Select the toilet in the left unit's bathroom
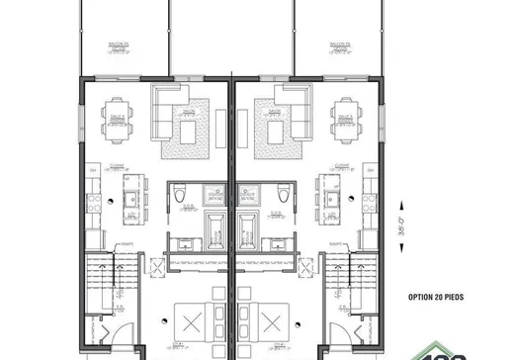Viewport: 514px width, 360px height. coord(179,197)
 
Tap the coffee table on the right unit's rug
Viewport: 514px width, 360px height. coord(276,131)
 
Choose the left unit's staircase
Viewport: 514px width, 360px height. coord(102,280)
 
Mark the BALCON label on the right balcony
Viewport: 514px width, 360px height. coord(343,45)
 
